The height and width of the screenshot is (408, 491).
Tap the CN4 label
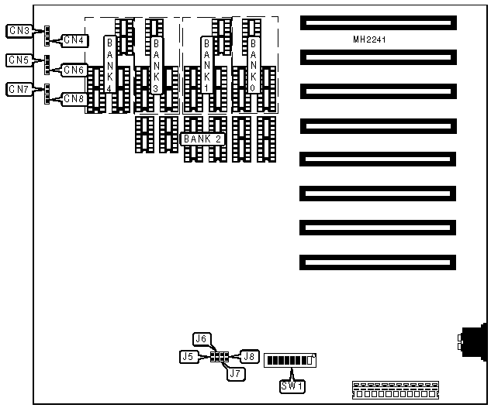pyautogui.click(x=74, y=40)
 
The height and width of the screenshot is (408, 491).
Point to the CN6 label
pyautogui.click(x=74, y=70)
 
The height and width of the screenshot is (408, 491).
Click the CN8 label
pyautogui.click(x=74, y=98)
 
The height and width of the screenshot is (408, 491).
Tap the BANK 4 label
pyautogui.click(x=110, y=66)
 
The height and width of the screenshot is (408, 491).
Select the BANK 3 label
pyautogui.click(x=158, y=66)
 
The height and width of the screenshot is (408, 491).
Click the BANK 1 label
pyautogui.click(x=207, y=66)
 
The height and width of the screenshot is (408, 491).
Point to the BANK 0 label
pyautogui.click(x=254, y=66)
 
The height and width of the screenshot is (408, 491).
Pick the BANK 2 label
pyautogui.click(x=202, y=139)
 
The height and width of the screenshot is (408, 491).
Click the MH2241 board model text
pyautogui.click(x=369, y=39)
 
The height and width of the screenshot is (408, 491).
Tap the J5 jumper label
pyautogui.click(x=188, y=357)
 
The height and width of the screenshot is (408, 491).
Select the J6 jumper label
pyautogui.click(x=202, y=338)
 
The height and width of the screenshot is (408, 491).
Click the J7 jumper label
pyautogui.click(x=236, y=374)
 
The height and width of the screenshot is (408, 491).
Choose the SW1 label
pyautogui.click(x=292, y=385)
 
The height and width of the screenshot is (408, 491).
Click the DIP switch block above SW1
pyautogui.click(x=292, y=361)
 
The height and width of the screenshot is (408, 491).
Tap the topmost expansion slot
pyautogui.click(x=379, y=24)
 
